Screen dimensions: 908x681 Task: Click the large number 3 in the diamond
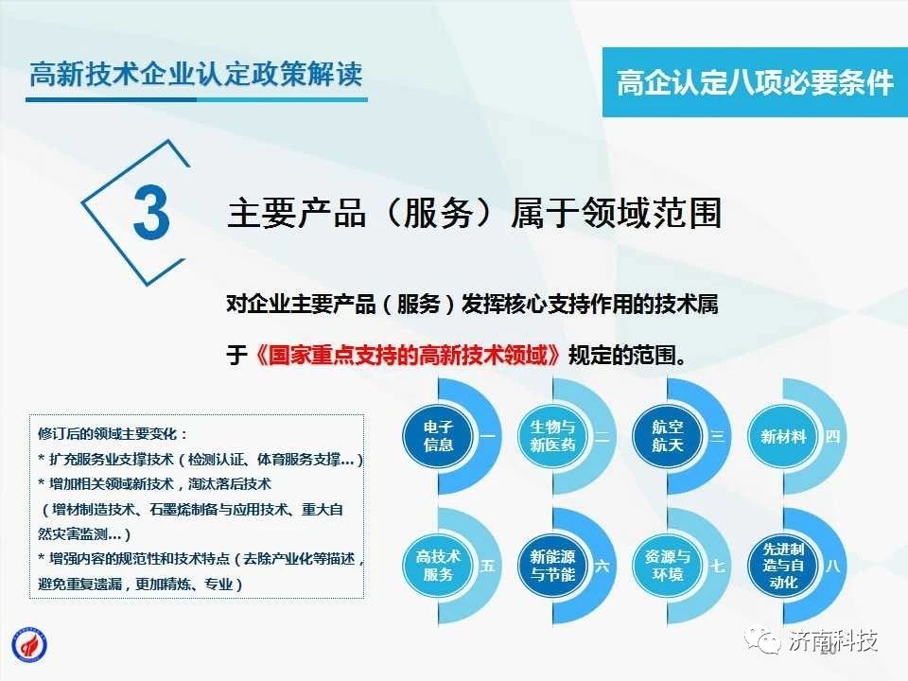151,211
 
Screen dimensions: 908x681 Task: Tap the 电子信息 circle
438,436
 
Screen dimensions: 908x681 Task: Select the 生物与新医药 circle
552,436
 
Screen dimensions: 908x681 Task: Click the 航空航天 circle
667,436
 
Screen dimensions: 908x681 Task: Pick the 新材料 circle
783,436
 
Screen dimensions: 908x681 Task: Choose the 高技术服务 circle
438,566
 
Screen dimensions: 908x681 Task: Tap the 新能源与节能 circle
552,566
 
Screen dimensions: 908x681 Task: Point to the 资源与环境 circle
667,566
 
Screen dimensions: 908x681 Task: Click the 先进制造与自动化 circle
783,566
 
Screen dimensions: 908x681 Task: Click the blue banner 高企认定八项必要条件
755,82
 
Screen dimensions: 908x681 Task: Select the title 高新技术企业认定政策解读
197,75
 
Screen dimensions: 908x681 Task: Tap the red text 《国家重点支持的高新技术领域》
408,355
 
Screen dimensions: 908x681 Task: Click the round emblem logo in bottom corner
29,644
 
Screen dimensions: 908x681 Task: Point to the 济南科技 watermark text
832,640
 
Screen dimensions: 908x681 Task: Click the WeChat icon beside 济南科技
762,640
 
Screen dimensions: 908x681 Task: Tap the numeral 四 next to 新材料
832,436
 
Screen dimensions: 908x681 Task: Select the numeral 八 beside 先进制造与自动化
832,566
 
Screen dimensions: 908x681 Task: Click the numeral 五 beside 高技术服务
488,566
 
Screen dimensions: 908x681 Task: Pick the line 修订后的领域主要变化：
113,434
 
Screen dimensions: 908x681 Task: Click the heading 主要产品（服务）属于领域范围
474,213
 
